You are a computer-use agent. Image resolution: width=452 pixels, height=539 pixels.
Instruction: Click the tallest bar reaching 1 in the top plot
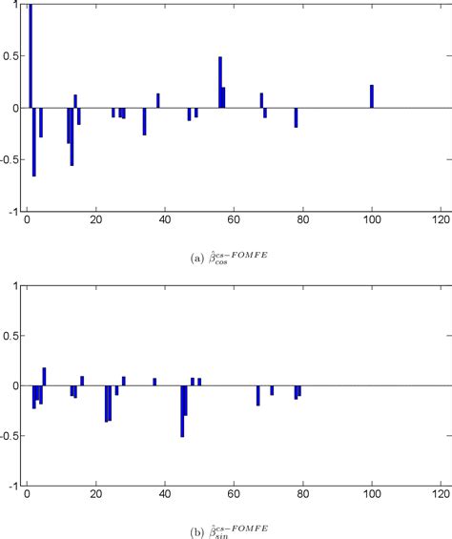(x=31, y=57)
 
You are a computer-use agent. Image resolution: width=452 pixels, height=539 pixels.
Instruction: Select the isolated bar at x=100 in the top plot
(x=372, y=96)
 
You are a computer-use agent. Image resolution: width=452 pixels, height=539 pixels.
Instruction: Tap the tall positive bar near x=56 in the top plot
(x=220, y=82)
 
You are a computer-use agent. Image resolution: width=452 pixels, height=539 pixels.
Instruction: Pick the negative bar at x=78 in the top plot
(x=296, y=117)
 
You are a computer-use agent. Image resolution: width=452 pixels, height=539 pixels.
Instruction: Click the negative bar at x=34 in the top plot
(x=144, y=121)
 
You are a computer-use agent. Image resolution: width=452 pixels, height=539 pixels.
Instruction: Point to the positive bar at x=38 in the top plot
(x=158, y=100)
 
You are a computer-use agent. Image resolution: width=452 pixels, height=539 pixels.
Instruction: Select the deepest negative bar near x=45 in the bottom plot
(x=182, y=411)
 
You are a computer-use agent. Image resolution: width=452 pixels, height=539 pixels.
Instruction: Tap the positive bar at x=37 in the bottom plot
(x=154, y=382)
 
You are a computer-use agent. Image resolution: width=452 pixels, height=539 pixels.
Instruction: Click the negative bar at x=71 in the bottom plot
(x=272, y=390)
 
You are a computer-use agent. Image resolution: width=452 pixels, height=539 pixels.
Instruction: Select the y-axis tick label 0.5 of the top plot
(x=13, y=56)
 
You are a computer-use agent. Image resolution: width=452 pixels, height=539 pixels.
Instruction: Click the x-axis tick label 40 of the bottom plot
(x=164, y=499)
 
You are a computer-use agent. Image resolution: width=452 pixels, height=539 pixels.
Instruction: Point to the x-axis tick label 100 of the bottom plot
(x=371, y=499)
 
